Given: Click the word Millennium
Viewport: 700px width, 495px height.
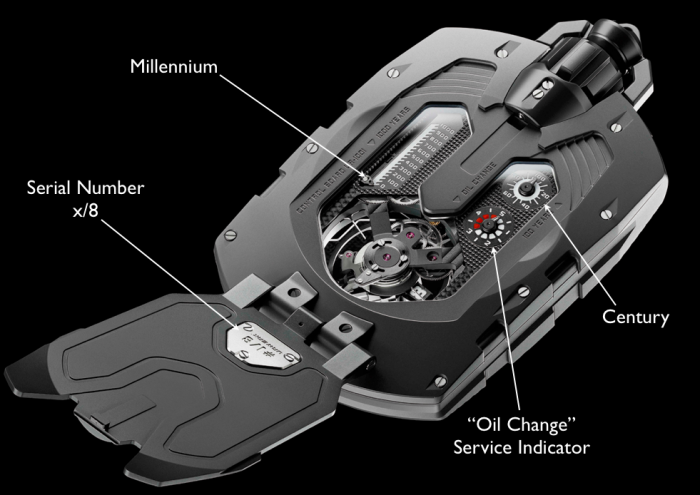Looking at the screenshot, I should click(173, 67).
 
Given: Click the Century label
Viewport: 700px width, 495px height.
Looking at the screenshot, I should click(635, 317).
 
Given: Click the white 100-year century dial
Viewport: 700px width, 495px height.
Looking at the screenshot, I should click(524, 189).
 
